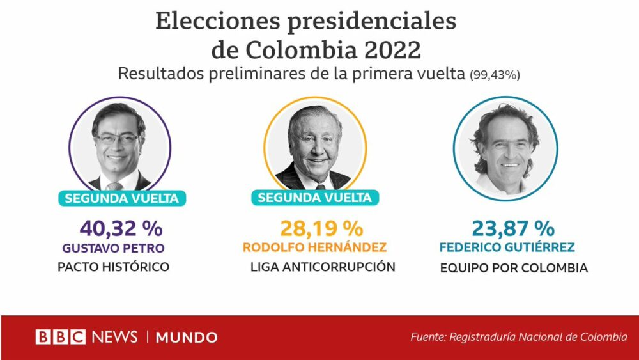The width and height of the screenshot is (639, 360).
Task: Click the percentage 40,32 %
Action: point(121,228)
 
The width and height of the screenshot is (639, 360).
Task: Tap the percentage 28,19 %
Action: point(321,228)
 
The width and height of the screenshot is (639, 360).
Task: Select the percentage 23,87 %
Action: point(513,228)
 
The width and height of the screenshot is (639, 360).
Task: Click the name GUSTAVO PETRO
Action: point(113,247)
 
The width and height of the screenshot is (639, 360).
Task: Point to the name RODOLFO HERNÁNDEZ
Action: point(314,247)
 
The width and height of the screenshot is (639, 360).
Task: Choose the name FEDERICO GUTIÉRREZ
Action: point(507,247)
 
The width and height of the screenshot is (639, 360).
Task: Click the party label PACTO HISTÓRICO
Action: point(113,267)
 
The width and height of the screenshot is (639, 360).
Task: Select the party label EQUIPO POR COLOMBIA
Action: point(514,269)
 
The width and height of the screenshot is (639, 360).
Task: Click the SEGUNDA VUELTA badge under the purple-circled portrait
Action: point(122,198)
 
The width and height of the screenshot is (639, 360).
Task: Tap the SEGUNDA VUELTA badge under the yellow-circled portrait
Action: point(314,198)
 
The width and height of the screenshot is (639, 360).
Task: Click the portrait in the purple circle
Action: point(119,148)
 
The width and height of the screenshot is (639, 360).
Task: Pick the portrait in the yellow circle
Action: point(314,148)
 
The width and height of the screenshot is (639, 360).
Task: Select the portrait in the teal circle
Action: point(505,148)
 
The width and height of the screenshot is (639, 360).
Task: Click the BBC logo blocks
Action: point(60,337)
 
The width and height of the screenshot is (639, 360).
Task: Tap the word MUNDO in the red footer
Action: point(187,338)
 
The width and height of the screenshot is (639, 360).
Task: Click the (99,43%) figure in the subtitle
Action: point(495,75)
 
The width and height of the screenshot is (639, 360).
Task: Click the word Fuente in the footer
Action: point(427,337)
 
